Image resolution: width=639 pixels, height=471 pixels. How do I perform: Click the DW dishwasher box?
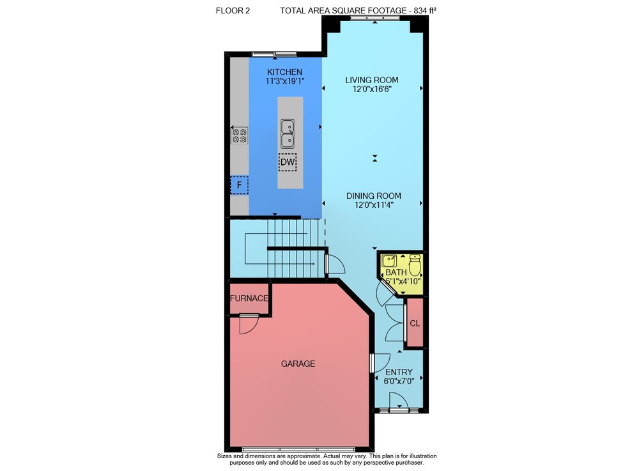click(288, 162)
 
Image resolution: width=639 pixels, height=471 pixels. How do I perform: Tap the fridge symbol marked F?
click(239, 185)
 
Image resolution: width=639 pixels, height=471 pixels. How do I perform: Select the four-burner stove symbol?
click(240, 135)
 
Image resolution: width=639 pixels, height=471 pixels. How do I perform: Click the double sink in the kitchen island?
click(288, 134)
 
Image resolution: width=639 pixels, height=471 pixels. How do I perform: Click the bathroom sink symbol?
click(389, 261)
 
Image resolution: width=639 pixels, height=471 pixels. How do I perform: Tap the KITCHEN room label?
click(284, 72)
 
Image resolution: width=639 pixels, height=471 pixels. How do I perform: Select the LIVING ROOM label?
click(372, 81)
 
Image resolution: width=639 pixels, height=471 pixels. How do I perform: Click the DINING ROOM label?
click(374, 196)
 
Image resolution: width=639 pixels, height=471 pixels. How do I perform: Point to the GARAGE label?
click(298, 364)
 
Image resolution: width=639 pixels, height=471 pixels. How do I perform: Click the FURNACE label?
click(249, 298)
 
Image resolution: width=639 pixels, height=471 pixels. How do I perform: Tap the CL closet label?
click(415, 323)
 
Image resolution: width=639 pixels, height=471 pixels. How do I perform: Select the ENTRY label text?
click(399, 372)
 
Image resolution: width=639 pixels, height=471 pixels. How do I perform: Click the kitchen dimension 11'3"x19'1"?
click(285, 81)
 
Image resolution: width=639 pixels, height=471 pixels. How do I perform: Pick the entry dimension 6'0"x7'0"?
click(399, 382)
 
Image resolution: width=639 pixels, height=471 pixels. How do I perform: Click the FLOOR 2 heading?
click(233, 11)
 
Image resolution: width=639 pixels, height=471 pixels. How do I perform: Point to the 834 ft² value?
click(425, 11)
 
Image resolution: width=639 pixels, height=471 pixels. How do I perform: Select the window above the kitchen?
click(274, 54)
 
